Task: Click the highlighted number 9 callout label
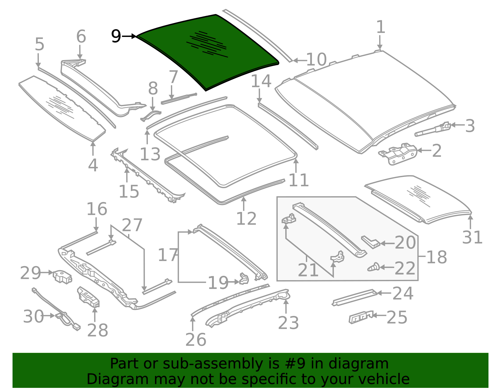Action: point(116,36)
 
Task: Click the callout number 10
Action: point(317,59)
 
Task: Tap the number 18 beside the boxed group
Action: point(436,257)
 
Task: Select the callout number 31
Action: point(472,237)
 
